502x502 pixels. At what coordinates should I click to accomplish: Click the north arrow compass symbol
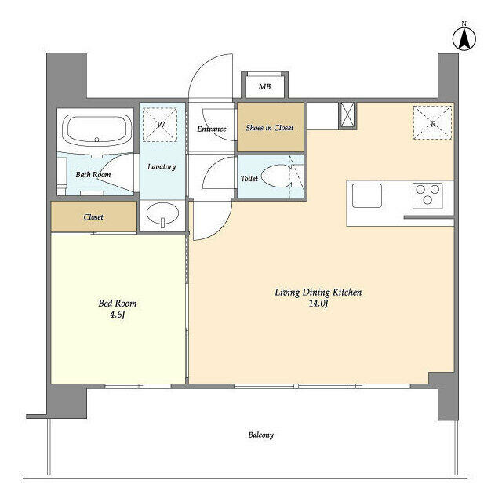(464, 38)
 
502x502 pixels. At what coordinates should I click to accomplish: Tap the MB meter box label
(265, 86)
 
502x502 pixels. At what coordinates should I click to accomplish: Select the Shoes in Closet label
(270, 128)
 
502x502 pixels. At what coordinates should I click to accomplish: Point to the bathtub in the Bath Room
(96, 129)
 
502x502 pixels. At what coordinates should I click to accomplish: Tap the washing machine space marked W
(160, 124)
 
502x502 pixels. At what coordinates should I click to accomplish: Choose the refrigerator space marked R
(432, 123)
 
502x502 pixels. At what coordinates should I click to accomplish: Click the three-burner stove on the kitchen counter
(427, 195)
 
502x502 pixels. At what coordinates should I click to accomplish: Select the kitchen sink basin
(367, 195)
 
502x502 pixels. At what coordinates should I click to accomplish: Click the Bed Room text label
(118, 304)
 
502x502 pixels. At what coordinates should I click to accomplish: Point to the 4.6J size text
(117, 315)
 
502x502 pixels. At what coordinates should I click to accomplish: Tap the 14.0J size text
(318, 304)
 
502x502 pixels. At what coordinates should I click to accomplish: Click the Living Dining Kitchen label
(318, 293)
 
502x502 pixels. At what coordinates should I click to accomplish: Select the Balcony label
(261, 435)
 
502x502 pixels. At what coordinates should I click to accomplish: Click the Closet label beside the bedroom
(93, 217)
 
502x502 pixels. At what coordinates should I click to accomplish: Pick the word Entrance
(212, 129)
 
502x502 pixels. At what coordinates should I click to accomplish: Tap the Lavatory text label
(162, 167)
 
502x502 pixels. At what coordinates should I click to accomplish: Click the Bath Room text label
(93, 174)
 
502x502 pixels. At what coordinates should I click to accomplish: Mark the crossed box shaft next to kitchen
(347, 115)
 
